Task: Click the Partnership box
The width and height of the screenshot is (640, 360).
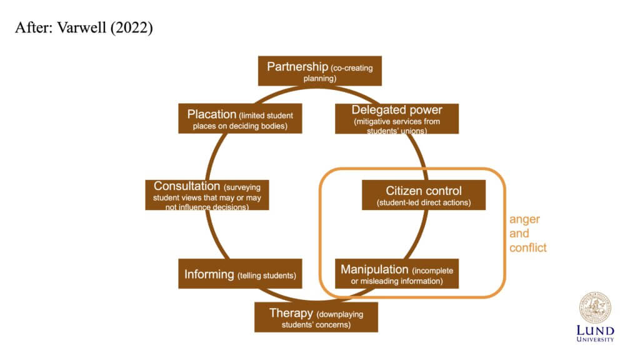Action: coord(319,71)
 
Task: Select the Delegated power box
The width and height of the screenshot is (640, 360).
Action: coord(396,119)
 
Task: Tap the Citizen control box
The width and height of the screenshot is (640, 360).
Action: coord(423,195)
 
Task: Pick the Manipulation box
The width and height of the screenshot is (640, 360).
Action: coord(396,274)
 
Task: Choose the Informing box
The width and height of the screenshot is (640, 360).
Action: coord(239,274)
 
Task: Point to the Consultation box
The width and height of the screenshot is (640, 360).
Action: coord(207,195)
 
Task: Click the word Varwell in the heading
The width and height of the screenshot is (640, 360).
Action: coord(81,29)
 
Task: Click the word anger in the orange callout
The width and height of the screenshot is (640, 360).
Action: coord(524,220)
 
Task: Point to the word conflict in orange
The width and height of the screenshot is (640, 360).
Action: coord(527,247)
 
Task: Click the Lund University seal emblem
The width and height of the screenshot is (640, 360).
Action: coord(595,307)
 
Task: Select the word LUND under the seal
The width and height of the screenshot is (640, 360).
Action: coord(595,330)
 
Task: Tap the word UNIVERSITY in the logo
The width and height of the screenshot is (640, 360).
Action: coord(595,339)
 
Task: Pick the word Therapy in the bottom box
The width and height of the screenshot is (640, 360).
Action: coord(291,312)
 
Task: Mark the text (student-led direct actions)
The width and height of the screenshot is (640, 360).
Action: coord(423,202)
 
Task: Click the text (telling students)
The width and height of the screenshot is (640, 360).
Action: coord(266,275)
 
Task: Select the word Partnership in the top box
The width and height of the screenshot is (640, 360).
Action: coord(297,66)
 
